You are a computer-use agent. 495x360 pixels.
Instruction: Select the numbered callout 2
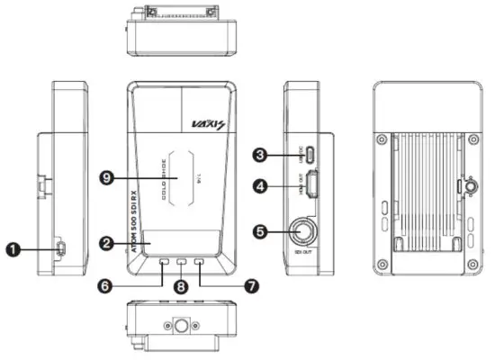(106, 243)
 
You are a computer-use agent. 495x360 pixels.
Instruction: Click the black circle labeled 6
(106, 283)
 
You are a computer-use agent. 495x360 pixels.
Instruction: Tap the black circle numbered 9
(106, 178)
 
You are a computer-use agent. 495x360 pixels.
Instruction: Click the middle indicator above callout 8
(183, 265)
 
